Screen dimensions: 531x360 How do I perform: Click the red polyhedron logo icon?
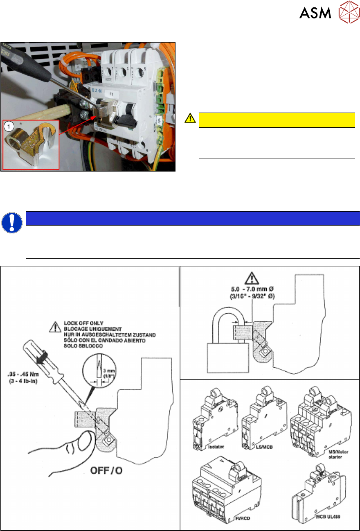[347, 14]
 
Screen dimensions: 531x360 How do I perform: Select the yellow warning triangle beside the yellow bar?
[190, 119]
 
